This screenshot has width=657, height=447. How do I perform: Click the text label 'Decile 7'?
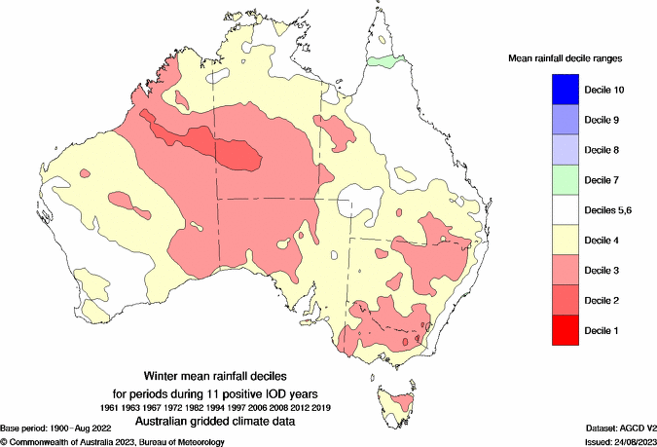pyautogui.click(x=602, y=180)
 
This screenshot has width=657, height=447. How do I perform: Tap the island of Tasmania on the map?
pyautogui.click(x=397, y=402)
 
